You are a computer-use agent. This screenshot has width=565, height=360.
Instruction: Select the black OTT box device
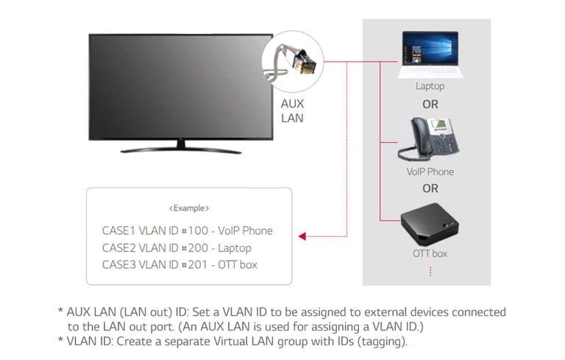(430, 223)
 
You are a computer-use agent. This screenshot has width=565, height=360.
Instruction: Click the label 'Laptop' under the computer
(430, 86)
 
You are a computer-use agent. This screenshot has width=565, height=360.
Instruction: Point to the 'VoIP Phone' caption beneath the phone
(430, 172)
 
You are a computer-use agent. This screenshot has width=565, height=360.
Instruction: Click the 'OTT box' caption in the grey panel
(430, 254)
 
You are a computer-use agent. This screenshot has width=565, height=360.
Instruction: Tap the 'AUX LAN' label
(292, 110)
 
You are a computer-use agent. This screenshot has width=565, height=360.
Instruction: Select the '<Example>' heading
(189, 208)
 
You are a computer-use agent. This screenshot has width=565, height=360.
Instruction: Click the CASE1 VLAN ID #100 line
(187, 230)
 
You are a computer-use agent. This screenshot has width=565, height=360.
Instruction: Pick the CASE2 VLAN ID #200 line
(177, 248)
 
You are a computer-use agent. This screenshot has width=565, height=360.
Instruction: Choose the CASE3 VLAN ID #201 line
(180, 265)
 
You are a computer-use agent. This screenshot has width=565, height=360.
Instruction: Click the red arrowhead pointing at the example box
(302, 236)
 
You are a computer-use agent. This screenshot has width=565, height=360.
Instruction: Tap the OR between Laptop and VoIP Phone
(430, 104)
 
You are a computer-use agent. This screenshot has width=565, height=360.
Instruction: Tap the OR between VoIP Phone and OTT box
(430, 188)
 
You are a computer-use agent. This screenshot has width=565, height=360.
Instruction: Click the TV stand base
(181, 149)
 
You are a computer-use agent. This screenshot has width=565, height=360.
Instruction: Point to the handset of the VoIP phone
(409, 144)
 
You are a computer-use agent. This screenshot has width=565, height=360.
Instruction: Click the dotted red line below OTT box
(430, 272)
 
